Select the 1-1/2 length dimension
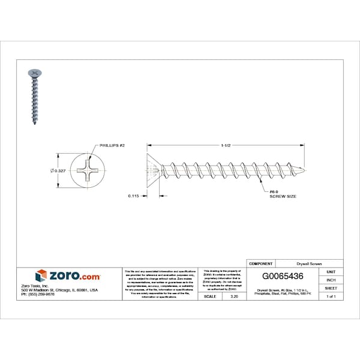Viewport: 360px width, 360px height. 226,145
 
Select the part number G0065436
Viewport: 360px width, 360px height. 287,277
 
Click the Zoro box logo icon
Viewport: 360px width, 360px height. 41,276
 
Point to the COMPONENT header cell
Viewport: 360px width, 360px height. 261,263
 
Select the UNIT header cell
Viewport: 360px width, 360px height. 331,271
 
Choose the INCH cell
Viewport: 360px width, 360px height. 331,280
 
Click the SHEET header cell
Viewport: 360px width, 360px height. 331,288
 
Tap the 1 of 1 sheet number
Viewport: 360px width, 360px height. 331,296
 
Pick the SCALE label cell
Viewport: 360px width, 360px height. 210,296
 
